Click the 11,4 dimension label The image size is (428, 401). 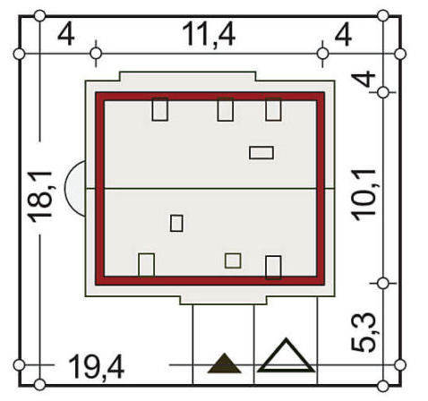[x=209, y=34]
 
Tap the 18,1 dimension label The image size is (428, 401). [x=41, y=197]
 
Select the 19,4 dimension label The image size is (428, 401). [x=97, y=367]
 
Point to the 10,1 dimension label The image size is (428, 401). [x=364, y=195]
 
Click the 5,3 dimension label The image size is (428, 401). [x=364, y=332]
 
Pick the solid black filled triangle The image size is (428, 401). [x=224, y=363]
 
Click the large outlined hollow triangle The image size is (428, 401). [x=287, y=355]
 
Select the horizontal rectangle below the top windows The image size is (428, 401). [x=261, y=152]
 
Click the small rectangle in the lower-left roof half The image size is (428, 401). [x=176, y=223]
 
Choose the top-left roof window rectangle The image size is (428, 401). [x=159, y=109]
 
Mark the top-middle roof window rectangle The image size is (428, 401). [x=226, y=109]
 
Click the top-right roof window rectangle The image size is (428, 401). [x=273, y=109]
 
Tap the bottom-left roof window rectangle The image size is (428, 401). [x=147, y=265]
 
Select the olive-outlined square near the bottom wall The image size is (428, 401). [x=233, y=260]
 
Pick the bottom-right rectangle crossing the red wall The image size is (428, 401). [x=273, y=268]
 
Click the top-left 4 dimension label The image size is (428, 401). [x=65, y=35]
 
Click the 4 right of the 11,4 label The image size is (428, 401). [x=343, y=35]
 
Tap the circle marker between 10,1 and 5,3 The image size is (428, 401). [x=383, y=283]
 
